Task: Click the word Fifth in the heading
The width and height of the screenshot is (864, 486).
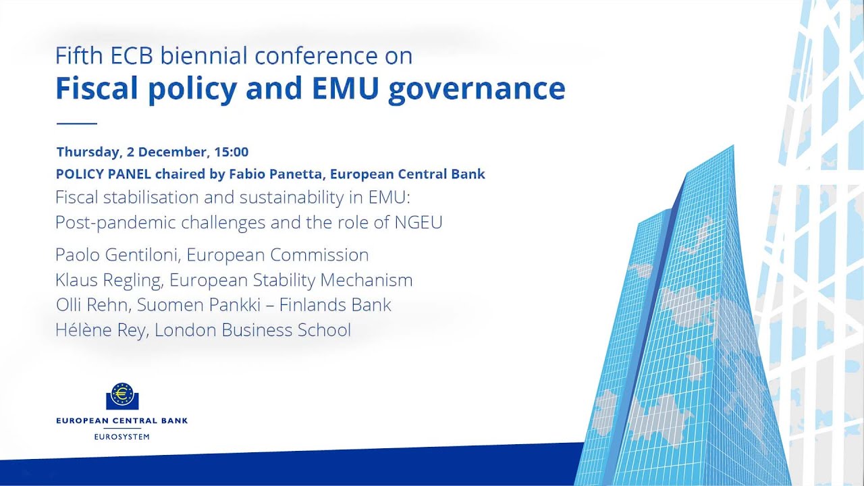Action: pyautogui.click(x=79, y=55)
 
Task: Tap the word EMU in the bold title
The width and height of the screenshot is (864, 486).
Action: pyautogui.click(x=345, y=88)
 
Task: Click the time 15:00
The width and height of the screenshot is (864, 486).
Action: pyautogui.click(x=232, y=152)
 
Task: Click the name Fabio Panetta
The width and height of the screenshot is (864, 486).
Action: pyautogui.click(x=275, y=174)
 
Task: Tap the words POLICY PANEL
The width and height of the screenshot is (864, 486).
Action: pyautogui.click(x=103, y=174)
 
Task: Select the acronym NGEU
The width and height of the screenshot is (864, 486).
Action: pyautogui.click(x=418, y=222)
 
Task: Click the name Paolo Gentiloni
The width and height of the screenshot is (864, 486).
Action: pyautogui.click(x=118, y=254)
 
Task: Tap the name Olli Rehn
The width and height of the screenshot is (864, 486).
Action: pyautogui.click(x=92, y=304)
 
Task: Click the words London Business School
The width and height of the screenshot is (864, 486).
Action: pyautogui.click(x=252, y=330)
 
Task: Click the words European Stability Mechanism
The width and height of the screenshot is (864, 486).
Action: pyautogui.click(x=291, y=280)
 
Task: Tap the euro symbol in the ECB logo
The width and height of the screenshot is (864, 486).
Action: pyautogui.click(x=122, y=394)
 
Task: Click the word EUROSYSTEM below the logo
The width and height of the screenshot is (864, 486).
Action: pyautogui.click(x=122, y=437)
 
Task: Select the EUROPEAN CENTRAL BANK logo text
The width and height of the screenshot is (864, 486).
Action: pyautogui.click(x=122, y=421)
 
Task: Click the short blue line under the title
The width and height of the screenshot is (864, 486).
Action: pyautogui.click(x=77, y=124)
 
